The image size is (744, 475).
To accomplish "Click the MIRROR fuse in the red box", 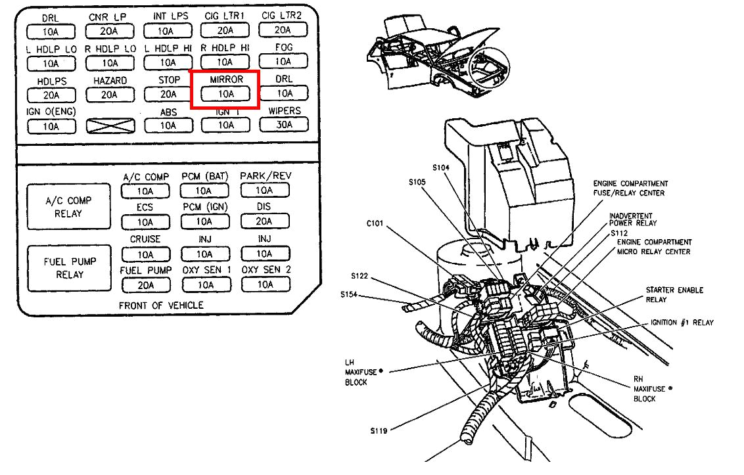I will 225,94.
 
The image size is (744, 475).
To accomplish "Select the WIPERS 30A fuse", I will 284,125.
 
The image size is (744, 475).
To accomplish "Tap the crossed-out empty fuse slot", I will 110,125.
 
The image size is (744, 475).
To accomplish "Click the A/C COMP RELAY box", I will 69,207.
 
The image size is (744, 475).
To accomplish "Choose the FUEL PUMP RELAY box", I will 69,267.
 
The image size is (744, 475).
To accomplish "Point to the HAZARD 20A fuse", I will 110,94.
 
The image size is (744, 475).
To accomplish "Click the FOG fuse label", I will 283,48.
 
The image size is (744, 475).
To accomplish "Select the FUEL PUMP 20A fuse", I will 146,284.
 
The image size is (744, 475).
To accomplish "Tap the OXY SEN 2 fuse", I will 266,284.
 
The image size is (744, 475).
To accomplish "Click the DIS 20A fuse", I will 264,222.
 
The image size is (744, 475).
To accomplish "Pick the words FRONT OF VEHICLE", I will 161,305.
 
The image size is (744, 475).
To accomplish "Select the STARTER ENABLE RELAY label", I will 674,294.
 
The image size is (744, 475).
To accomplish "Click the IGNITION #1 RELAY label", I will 681,323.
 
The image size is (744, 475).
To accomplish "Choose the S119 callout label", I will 377,431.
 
